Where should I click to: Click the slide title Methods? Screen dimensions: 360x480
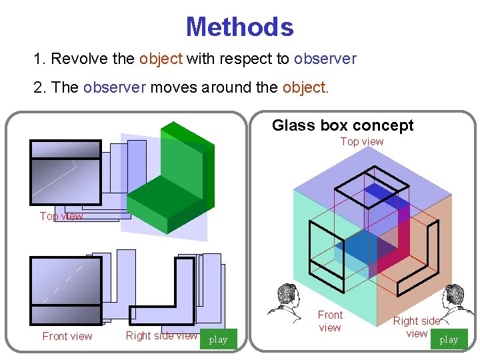click(239, 27)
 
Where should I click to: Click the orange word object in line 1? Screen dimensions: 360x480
click(161, 59)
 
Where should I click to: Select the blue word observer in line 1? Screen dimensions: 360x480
click(325, 59)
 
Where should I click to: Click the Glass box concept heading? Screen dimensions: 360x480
click(343, 125)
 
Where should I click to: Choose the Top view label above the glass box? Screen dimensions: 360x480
click(362, 141)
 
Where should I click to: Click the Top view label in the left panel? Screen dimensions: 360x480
click(61, 216)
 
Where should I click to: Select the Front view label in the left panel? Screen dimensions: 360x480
click(67, 336)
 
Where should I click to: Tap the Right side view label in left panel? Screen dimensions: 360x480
click(161, 335)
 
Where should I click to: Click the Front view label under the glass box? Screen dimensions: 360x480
click(330, 321)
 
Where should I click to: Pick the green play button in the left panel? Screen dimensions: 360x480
click(218, 340)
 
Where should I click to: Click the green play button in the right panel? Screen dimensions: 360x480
click(449, 339)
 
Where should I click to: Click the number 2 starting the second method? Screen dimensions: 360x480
click(37, 88)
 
